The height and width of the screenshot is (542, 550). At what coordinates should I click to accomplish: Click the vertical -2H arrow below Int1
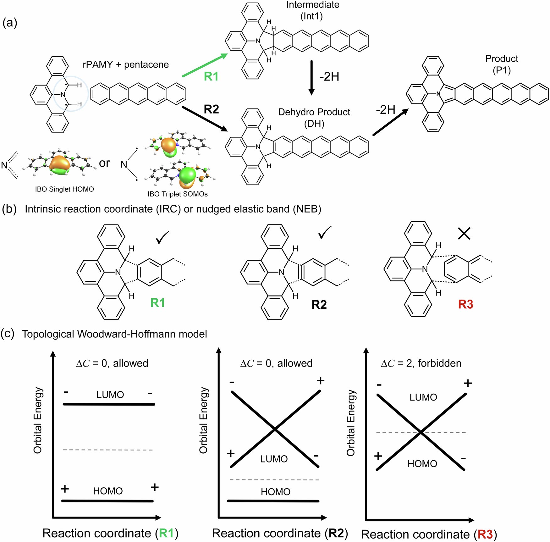pos(311,77)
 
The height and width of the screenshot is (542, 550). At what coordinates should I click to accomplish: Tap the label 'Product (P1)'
pos(502,64)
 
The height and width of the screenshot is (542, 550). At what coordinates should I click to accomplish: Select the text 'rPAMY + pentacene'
pos(126,65)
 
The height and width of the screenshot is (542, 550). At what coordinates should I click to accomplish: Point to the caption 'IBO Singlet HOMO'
pos(64,189)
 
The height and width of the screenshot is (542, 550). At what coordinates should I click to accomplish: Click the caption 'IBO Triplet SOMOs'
pos(178,194)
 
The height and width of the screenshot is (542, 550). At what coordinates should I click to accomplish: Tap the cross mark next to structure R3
pos(464,234)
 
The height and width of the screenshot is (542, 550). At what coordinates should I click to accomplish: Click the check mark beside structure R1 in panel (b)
pos(162,238)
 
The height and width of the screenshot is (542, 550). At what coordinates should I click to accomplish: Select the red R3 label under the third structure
pos(465,304)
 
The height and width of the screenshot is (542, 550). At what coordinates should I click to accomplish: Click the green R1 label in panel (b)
pos(157,303)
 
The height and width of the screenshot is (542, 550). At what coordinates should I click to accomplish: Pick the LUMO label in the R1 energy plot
pos(110,395)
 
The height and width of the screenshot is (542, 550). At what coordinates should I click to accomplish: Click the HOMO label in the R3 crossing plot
pos(422,464)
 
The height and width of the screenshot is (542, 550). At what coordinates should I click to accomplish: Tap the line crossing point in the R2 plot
pos(275,429)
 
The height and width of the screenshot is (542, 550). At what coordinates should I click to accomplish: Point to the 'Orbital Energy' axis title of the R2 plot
pos(203,420)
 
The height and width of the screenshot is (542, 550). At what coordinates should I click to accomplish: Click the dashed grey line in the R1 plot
pos(108,450)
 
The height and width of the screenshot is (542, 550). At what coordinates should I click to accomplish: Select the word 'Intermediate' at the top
pos(313,5)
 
